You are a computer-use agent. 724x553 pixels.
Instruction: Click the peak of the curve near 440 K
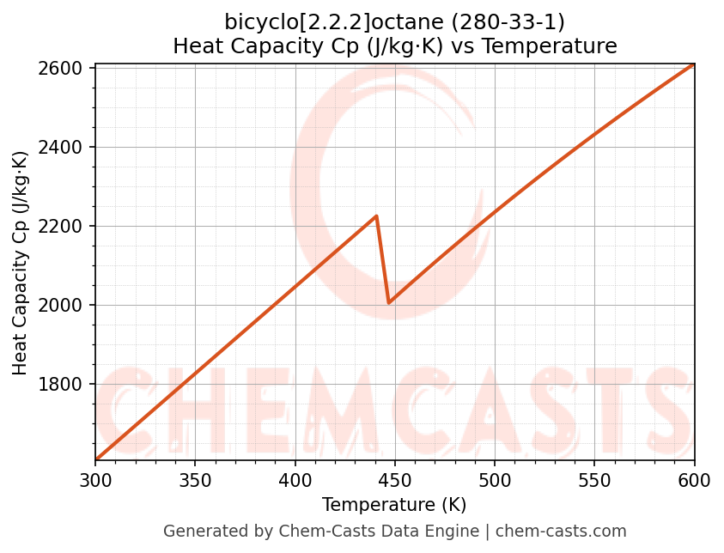pyautogui.click(x=376, y=216)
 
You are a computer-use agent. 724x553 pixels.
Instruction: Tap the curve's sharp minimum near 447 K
pyautogui.click(x=389, y=302)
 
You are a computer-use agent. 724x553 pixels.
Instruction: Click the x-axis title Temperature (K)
pyautogui.click(x=394, y=505)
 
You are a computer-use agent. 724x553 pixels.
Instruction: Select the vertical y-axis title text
pyautogui.click(x=21, y=263)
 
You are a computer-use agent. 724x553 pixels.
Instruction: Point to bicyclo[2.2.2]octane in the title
pyautogui.click(x=329, y=21)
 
